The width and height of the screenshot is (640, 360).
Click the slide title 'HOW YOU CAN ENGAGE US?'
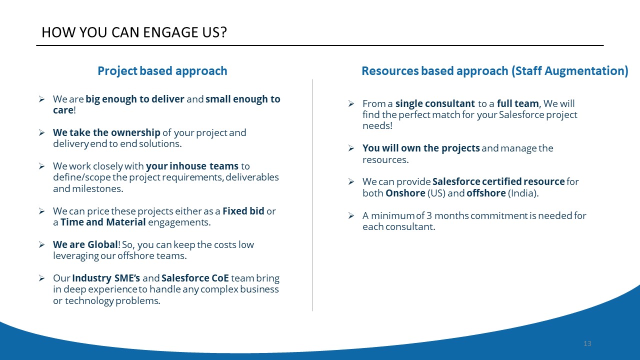point(134,32)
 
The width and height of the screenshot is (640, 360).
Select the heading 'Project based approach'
point(162,71)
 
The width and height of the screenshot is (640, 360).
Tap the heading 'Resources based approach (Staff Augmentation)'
point(495,71)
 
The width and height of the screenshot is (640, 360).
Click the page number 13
point(587,343)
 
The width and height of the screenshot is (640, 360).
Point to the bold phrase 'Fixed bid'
point(243,211)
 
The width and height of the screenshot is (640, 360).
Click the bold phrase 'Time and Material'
point(103,222)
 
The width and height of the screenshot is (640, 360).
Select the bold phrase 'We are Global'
point(85,244)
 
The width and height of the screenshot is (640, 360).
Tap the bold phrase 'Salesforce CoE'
point(195,278)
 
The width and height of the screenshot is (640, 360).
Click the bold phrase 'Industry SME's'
point(106,278)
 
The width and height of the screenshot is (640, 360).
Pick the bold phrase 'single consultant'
point(435,103)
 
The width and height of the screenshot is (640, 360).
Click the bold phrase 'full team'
point(517,103)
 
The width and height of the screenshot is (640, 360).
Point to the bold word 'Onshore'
point(405,193)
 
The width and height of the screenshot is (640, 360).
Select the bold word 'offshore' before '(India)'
point(486,193)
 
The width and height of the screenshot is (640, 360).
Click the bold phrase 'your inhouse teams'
point(192,166)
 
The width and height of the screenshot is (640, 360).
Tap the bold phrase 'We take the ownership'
point(106,132)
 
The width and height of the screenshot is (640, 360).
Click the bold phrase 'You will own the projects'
point(421,148)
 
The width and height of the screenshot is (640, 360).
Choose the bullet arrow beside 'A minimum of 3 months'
point(351,215)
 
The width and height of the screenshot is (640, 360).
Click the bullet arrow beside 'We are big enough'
point(41,99)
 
